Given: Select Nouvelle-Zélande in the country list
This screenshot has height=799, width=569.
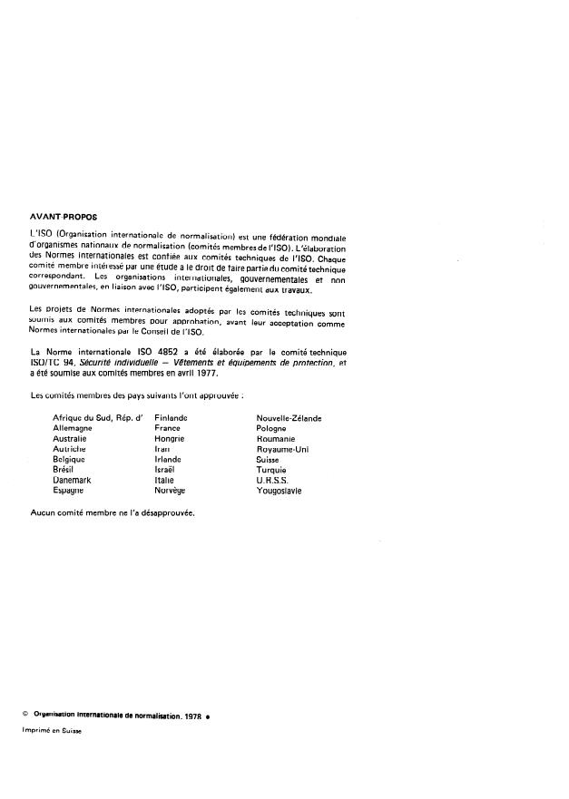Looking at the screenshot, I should coord(289,417).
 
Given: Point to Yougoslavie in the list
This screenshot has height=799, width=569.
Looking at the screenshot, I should coord(280,491).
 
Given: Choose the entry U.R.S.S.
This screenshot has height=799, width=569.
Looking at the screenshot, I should coord(272,481).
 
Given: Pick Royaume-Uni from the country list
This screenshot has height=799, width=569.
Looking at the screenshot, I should coord(283,449).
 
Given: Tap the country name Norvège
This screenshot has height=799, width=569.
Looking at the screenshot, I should coord(170,491).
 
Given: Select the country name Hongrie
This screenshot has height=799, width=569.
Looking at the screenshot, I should coord(170,438).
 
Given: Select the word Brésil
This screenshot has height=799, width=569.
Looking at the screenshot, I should coord(66,470).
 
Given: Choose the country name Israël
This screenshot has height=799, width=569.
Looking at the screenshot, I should coord(166,470).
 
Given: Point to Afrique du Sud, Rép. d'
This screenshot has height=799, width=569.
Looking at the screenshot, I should coord(98,417).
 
